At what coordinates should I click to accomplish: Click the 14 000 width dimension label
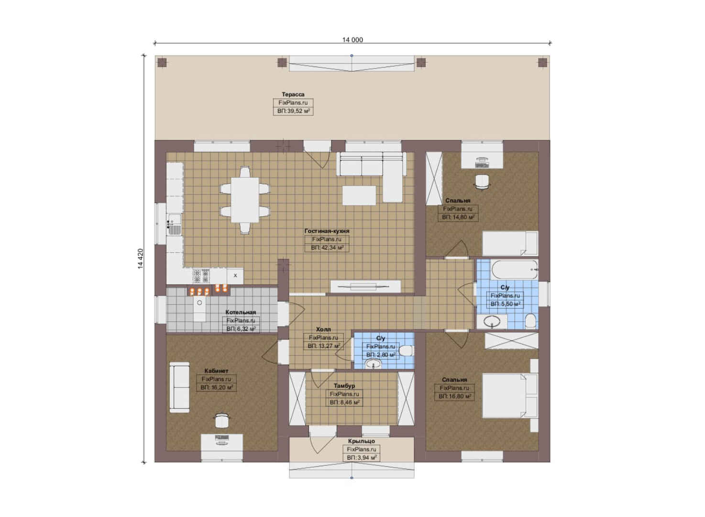pos(352,40)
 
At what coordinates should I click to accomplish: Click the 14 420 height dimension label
pos(140,258)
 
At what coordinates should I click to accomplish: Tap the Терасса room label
pos(293,94)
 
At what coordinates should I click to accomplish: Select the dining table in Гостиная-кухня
pos(245,200)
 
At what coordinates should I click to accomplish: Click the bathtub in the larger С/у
pos(515,270)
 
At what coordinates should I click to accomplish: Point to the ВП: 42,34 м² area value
pos(327,247)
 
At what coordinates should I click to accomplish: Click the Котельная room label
pos(241,312)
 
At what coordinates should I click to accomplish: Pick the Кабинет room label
pos(216,371)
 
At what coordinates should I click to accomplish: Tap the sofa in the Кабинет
pos(180,387)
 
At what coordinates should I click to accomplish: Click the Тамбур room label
pos(344,386)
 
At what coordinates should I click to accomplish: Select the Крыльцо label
pos(361,441)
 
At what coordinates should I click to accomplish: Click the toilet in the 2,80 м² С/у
pos(407,350)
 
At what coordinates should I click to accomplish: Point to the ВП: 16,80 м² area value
pos(455,396)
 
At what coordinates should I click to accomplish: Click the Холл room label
pos(323,329)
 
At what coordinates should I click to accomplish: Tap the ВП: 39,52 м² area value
pos(293,111)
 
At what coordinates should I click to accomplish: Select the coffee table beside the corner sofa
pos(359,196)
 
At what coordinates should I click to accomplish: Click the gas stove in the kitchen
pos(201,276)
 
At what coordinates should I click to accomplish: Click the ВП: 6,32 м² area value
pos(241,328)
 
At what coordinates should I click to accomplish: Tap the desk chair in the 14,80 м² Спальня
pos(482,182)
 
